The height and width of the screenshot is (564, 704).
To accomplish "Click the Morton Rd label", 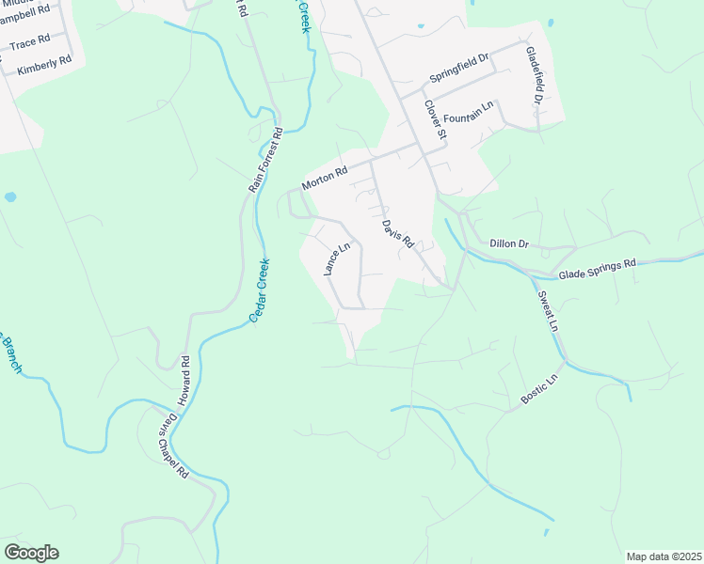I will pos(325,177).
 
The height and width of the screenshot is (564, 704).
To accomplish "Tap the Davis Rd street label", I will pos(398,233).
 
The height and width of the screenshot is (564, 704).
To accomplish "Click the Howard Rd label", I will pos(186,375).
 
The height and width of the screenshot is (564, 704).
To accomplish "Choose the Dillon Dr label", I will pos(510,243).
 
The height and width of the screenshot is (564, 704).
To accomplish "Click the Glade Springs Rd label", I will pos(597,270).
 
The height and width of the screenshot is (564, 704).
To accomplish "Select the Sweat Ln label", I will pos(548,311).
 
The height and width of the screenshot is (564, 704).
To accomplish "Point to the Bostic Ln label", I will pos(539,390).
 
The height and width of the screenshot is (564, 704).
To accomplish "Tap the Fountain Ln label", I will pos(469,115).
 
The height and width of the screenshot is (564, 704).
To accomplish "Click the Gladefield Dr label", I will pos(535,74).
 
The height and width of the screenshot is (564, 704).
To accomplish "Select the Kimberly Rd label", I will pos(44,65).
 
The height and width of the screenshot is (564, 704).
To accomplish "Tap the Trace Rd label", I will pos(29,44).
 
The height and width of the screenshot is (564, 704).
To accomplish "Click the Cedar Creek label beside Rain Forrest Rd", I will pos(259,291).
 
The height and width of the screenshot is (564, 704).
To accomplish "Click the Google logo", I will pos(31,553).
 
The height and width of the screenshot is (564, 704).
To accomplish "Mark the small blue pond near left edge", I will pos(10,197).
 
